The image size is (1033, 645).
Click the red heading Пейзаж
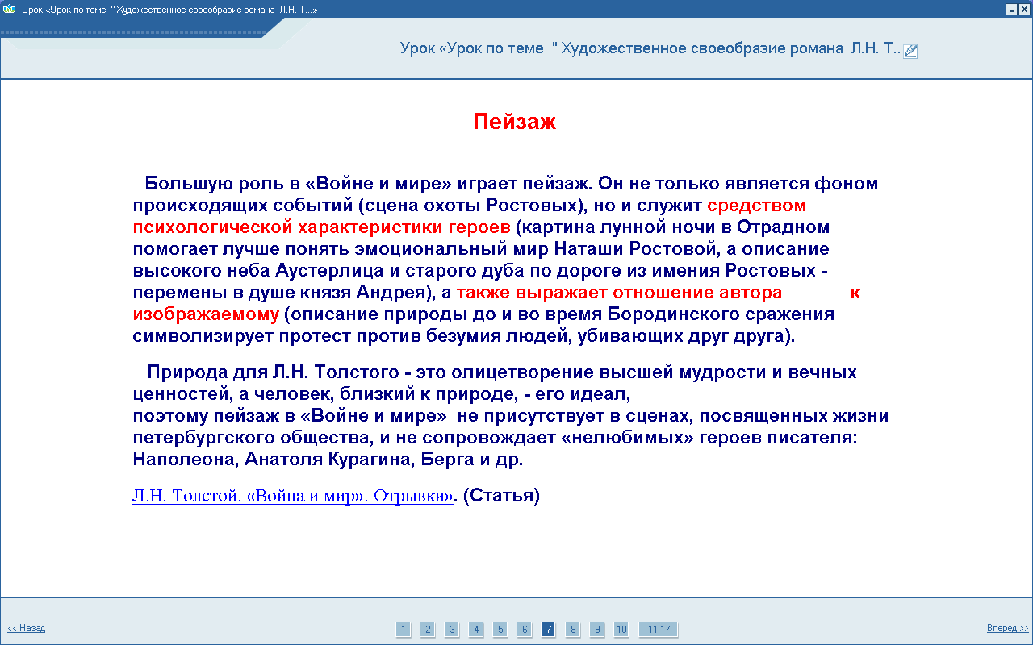point(514,122)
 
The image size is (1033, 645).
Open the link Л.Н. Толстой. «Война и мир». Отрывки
point(293,496)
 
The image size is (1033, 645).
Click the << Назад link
point(27,628)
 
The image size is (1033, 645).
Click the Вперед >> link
point(1008,628)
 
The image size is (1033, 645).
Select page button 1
point(403,630)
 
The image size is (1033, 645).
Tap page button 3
point(452,630)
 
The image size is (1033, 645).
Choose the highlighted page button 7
point(548,630)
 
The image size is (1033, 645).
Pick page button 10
point(621,630)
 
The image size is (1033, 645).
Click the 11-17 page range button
point(659,630)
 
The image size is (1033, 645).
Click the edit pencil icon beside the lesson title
point(910,51)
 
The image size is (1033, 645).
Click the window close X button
point(1024,9)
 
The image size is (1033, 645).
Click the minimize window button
point(1011,9)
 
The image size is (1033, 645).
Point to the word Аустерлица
point(329,271)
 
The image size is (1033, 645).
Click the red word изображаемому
point(206,314)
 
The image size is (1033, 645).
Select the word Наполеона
point(186,460)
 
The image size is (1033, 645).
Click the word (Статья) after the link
point(501,496)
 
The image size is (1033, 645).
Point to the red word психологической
point(212,227)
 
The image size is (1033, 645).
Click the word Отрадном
point(783,227)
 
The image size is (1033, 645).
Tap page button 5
point(500,630)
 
